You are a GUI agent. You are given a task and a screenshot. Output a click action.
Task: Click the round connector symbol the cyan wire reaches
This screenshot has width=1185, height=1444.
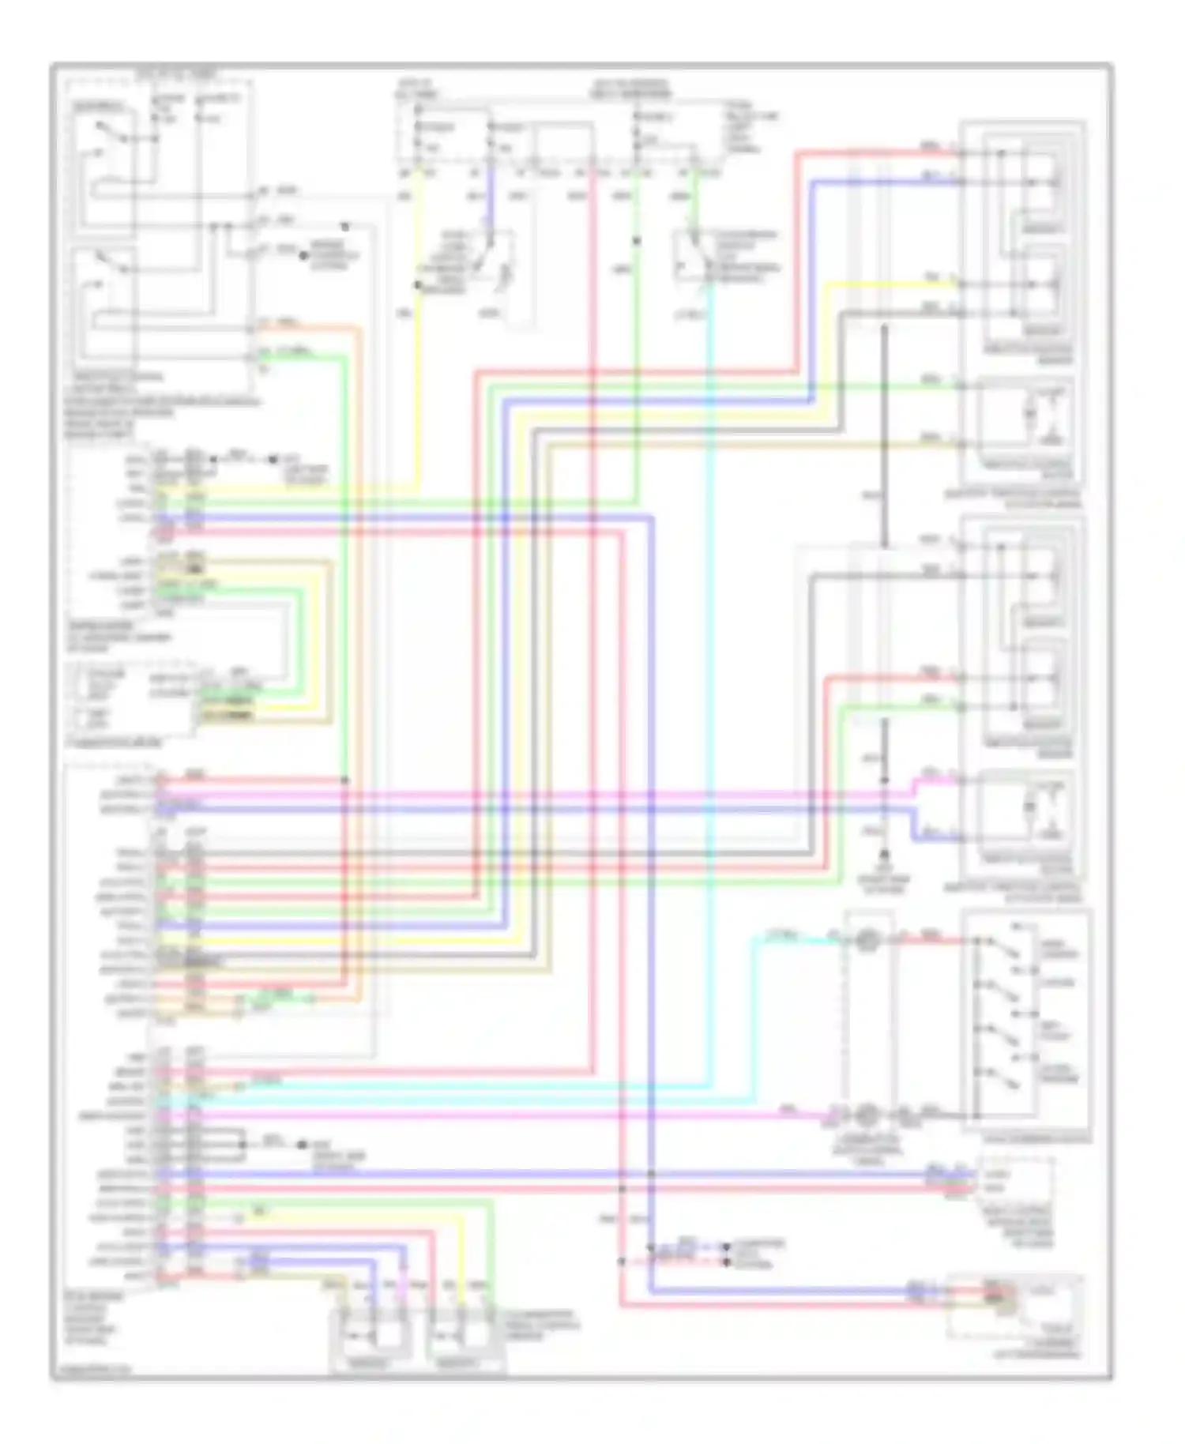(867, 940)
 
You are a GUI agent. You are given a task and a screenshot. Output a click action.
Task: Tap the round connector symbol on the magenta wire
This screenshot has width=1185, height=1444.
(867, 1115)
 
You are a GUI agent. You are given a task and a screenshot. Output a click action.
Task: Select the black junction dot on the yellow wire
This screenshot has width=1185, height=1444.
(418, 284)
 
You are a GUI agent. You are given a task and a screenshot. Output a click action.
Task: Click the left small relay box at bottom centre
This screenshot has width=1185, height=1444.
(371, 1335)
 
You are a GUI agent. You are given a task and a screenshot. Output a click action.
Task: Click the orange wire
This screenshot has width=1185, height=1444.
(359, 632)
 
